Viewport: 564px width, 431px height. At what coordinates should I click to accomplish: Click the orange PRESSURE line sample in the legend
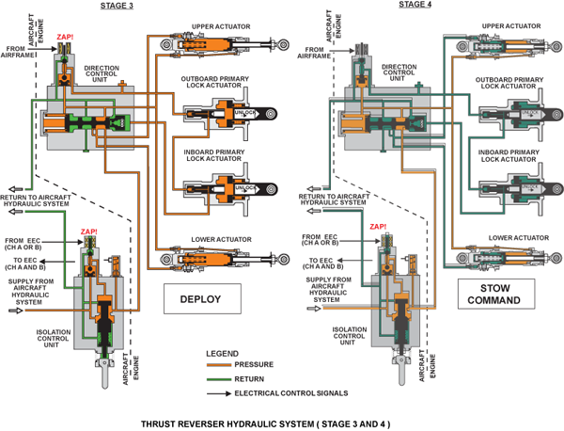point(219,364)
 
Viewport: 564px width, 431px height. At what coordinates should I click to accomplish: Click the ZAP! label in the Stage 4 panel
point(379,227)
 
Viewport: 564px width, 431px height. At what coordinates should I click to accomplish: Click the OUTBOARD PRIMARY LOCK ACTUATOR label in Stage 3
point(218,83)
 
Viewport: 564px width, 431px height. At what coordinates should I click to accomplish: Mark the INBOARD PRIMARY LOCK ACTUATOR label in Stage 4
point(509,155)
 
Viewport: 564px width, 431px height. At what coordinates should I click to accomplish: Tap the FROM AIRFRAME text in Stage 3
point(20,52)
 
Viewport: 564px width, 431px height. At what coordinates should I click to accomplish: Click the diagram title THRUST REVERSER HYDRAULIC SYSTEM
point(280,422)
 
